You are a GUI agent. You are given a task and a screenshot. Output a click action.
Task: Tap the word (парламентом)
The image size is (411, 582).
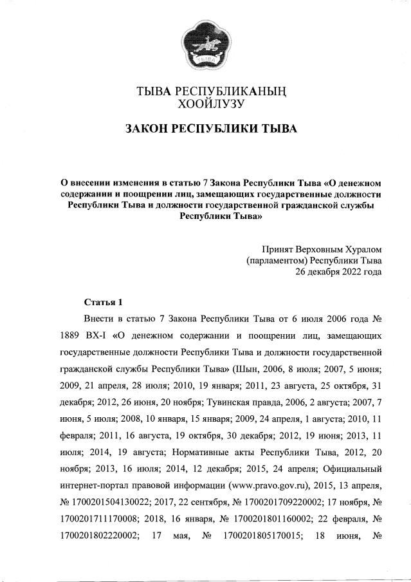[x=277, y=261]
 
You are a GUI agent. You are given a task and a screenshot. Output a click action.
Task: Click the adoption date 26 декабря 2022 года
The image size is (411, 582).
[x=338, y=272]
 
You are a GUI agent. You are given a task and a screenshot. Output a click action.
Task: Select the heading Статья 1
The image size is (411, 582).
[x=103, y=302]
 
